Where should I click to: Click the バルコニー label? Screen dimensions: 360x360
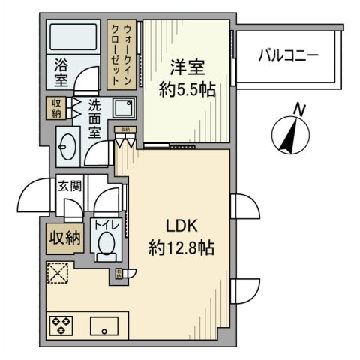click(x=288, y=55)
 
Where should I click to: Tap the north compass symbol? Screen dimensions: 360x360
click(x=291, y=133)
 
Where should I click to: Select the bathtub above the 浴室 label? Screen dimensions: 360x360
click(x=73, y=39)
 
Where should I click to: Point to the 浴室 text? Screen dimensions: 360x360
click(x=61, y=76)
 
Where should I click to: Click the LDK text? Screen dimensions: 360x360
click(x=180, y=226)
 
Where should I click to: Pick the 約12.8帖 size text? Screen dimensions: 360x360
click(x=180, y=248)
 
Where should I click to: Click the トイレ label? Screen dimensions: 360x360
click(x=103, y=223)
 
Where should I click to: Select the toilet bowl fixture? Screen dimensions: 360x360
click(x=106, y=244)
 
